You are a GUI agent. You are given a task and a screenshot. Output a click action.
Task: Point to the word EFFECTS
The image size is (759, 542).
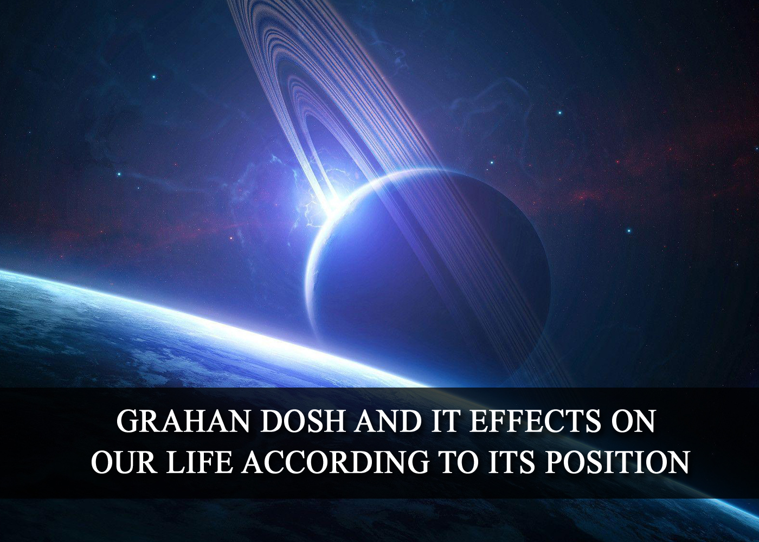tap(533, 422)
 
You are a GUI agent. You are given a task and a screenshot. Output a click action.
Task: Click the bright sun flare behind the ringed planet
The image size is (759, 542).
tap(334, 201)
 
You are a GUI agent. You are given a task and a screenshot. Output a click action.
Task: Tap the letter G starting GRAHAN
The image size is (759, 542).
tap(127, 422)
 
